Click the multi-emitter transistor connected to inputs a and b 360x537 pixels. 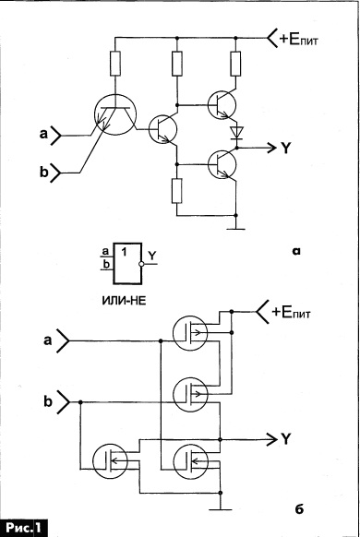point(115,114)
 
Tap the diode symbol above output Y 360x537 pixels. point(236,132)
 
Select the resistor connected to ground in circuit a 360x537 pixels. point(176,191)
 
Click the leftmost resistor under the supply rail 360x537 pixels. point(115,64)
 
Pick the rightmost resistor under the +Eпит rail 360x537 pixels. point(235,64)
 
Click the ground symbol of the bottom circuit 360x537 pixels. point(221,509)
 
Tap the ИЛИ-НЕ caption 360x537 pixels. point(124,301)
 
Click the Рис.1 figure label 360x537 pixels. point(23,528)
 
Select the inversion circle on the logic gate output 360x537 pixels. point(141,264)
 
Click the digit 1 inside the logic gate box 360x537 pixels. point(124,253)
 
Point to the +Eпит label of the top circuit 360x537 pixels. point(299,40)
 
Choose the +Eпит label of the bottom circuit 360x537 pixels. point(291,313)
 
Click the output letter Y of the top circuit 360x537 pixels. point(285,148)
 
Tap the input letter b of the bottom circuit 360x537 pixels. point(48,401)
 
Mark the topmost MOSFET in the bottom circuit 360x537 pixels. point(190,333)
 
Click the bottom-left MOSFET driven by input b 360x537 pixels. point(110,460)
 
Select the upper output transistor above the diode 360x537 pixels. point(222,105)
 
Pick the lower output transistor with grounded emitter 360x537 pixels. point(222,164)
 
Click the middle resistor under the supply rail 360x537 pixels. point(176,64)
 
